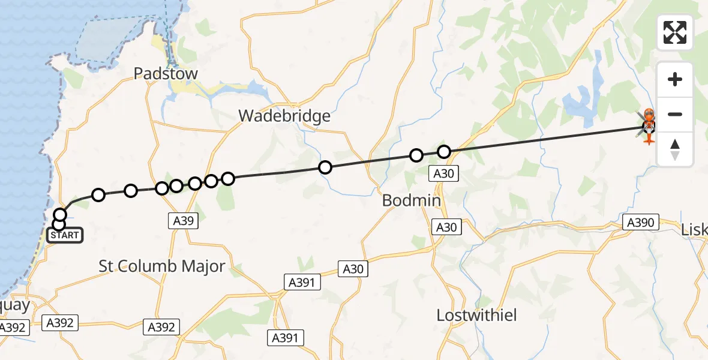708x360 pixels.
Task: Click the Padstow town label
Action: click(x=157, y=74)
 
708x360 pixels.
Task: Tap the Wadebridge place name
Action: click(x=284, y=116)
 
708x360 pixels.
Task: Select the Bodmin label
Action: click(x=412, y=201)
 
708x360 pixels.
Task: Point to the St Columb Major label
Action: click(x=162, y=266)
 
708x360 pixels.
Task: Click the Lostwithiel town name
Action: click(x=476, y=316)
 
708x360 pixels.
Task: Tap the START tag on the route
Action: click(x=64, y=235)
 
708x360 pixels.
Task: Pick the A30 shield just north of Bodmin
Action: click(x=443, y=175)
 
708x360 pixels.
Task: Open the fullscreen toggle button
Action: click(x=675, y=32)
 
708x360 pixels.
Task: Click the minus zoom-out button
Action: click(x=675, y=115)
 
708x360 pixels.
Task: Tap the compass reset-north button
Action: click(x=675, y=149)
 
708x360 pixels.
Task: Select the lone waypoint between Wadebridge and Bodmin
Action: click(x=325, y=167)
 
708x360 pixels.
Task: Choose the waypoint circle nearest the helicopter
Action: click(x=443, y=152)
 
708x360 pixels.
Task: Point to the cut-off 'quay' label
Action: click(x=14, y=305)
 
